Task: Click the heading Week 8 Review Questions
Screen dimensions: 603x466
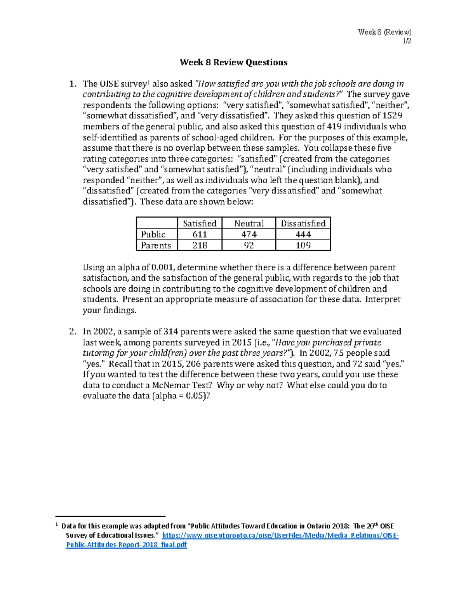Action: (x=233, y=63)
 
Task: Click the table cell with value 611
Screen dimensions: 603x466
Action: (x=200, y=235)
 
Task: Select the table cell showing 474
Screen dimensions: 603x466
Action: (x=249, y=235)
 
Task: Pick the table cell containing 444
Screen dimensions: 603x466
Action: (x=303, y=235)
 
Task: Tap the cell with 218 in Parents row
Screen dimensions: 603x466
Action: (x=200, y=245)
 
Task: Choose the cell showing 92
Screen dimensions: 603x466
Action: (x=249, y=245)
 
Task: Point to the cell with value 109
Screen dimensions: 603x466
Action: (x=303, y=245)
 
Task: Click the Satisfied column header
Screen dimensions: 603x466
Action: (x=200, y=224)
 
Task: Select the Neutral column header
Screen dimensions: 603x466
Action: (x=249, y=224)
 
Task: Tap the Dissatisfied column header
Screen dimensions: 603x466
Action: (x=303, y=224)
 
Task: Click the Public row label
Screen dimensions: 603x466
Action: (x=153, y=235)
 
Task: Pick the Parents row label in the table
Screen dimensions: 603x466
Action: (x=156, y=245)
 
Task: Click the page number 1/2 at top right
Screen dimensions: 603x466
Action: (x=407, y=41)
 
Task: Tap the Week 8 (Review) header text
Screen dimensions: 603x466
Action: (x=384, y=32)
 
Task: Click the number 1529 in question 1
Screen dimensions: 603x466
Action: (x=392, y=116)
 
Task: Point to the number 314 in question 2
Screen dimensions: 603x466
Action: (x=170, y=332)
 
